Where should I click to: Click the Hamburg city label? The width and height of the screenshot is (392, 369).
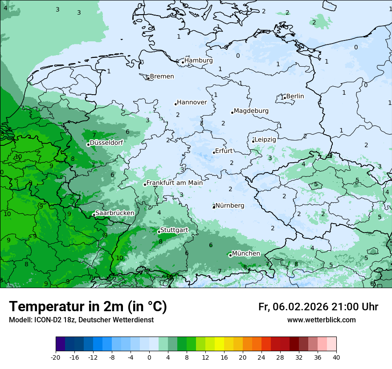[x=199, y=60]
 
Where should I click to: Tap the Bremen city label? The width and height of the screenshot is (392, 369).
[x=162, y=76]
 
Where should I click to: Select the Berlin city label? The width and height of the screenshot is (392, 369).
[x=295, y=96]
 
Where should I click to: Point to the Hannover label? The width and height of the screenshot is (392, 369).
[x=192, y=102]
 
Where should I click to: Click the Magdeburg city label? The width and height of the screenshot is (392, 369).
[x=251, y=111]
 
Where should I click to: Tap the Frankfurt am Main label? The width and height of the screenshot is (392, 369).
[x=174, y=183]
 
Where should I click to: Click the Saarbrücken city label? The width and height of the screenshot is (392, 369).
[x=114, y=213]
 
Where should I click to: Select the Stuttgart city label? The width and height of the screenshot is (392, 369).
[x=174, y=230]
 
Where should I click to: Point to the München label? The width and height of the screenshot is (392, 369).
[x=246, y=253]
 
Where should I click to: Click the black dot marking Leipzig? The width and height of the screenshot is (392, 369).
[x=253, y=141]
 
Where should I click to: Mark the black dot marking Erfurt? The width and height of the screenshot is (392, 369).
[x=214, y=152]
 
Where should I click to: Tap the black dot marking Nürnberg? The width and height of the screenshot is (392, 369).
[x=214, y=207]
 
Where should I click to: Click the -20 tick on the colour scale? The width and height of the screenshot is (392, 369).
[x=56, y=357]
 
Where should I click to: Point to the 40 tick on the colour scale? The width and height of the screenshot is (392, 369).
[x=336, y=357]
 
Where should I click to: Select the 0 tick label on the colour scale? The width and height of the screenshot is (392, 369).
[x=149, y=357]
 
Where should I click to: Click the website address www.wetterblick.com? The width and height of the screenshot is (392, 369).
[x=321, y=320]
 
